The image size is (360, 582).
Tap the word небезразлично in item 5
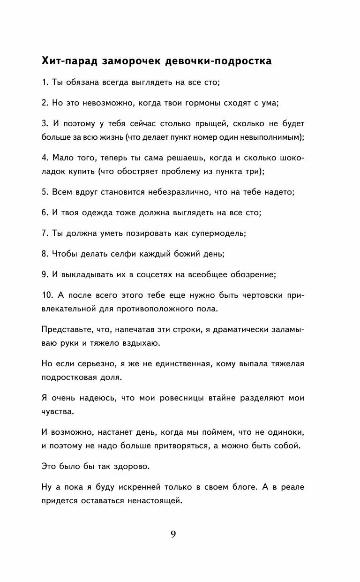(176, 192)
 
